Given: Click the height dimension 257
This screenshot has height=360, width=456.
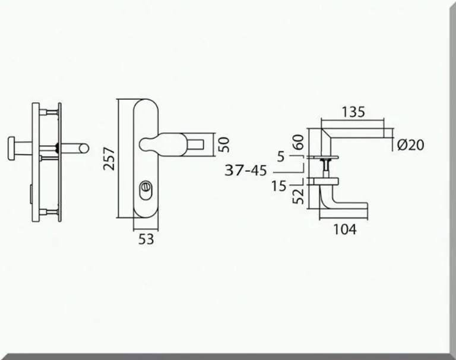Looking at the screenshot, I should click(x=109, y=159).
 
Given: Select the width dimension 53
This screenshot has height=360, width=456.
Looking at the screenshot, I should click(x=146, y=239).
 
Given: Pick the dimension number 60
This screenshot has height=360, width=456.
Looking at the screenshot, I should click(x=299, y=143).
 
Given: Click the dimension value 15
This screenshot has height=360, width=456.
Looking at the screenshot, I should click(x=280, y=187).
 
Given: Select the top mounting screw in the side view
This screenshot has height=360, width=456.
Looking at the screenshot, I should click(x=50, y=110).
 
